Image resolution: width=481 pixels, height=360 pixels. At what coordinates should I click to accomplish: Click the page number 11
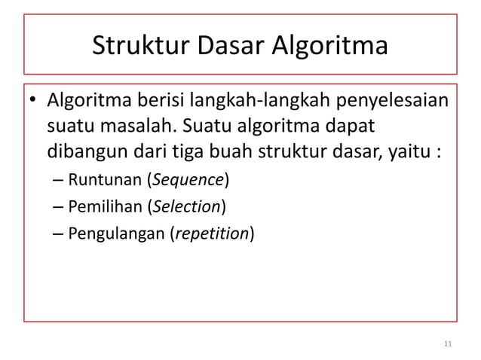(x=448, y=344)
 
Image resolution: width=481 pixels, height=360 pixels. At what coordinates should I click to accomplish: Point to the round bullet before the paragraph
(x=33, y=102)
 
